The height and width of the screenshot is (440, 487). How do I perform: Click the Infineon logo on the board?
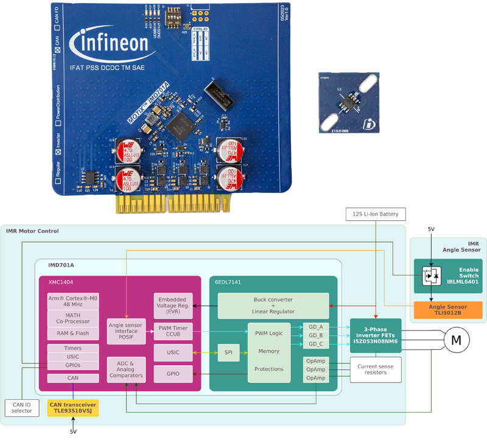[110, 44]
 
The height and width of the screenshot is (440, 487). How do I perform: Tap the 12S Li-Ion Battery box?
[375, 214]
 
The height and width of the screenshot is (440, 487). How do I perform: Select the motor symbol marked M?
[455, 341]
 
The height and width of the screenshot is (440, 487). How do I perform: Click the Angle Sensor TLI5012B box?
[448, 310]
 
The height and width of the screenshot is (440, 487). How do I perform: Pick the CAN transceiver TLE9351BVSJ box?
[72, 408]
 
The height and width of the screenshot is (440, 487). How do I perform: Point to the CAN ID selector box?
[21, 407]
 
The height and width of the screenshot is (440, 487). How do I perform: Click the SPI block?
[229, 352]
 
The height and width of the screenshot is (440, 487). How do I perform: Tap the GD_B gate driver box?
[316, 335]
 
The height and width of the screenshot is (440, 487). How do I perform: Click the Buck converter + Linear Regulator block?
[273, 306]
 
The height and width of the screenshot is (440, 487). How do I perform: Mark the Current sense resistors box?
[376, 369]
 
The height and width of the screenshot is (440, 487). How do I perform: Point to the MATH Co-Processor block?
[72, 318]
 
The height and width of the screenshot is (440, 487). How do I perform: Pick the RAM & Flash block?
[72, 333]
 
